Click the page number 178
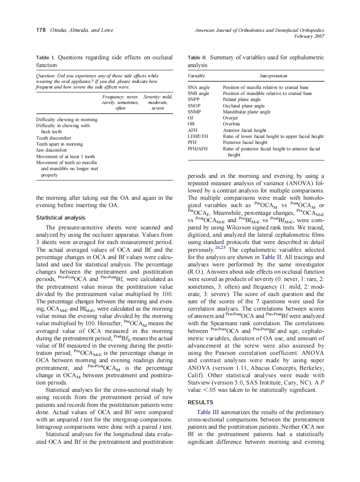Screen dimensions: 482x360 (x=40, y=31)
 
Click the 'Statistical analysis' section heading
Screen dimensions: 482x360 (x=61, y=218)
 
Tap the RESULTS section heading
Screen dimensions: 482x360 (x=200, y=403)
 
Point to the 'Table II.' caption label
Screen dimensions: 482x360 (x=198, y=57)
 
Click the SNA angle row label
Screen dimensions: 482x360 (x=198, y=87)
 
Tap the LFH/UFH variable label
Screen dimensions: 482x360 (x=198, y=136)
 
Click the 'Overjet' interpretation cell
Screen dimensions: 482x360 (x=230, y=118)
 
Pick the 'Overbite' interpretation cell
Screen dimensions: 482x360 (x=232, y=124)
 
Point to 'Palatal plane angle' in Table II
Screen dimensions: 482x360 (x=241, y=99)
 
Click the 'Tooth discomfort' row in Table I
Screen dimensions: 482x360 (x=54, y=138)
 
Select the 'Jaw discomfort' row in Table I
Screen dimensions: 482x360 (x=51, y=150)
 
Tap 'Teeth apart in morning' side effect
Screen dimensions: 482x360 (x=59, y=144)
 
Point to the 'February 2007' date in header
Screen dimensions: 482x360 (x=309, y=37)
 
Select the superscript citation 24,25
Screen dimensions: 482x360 (x=221, y=248)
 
